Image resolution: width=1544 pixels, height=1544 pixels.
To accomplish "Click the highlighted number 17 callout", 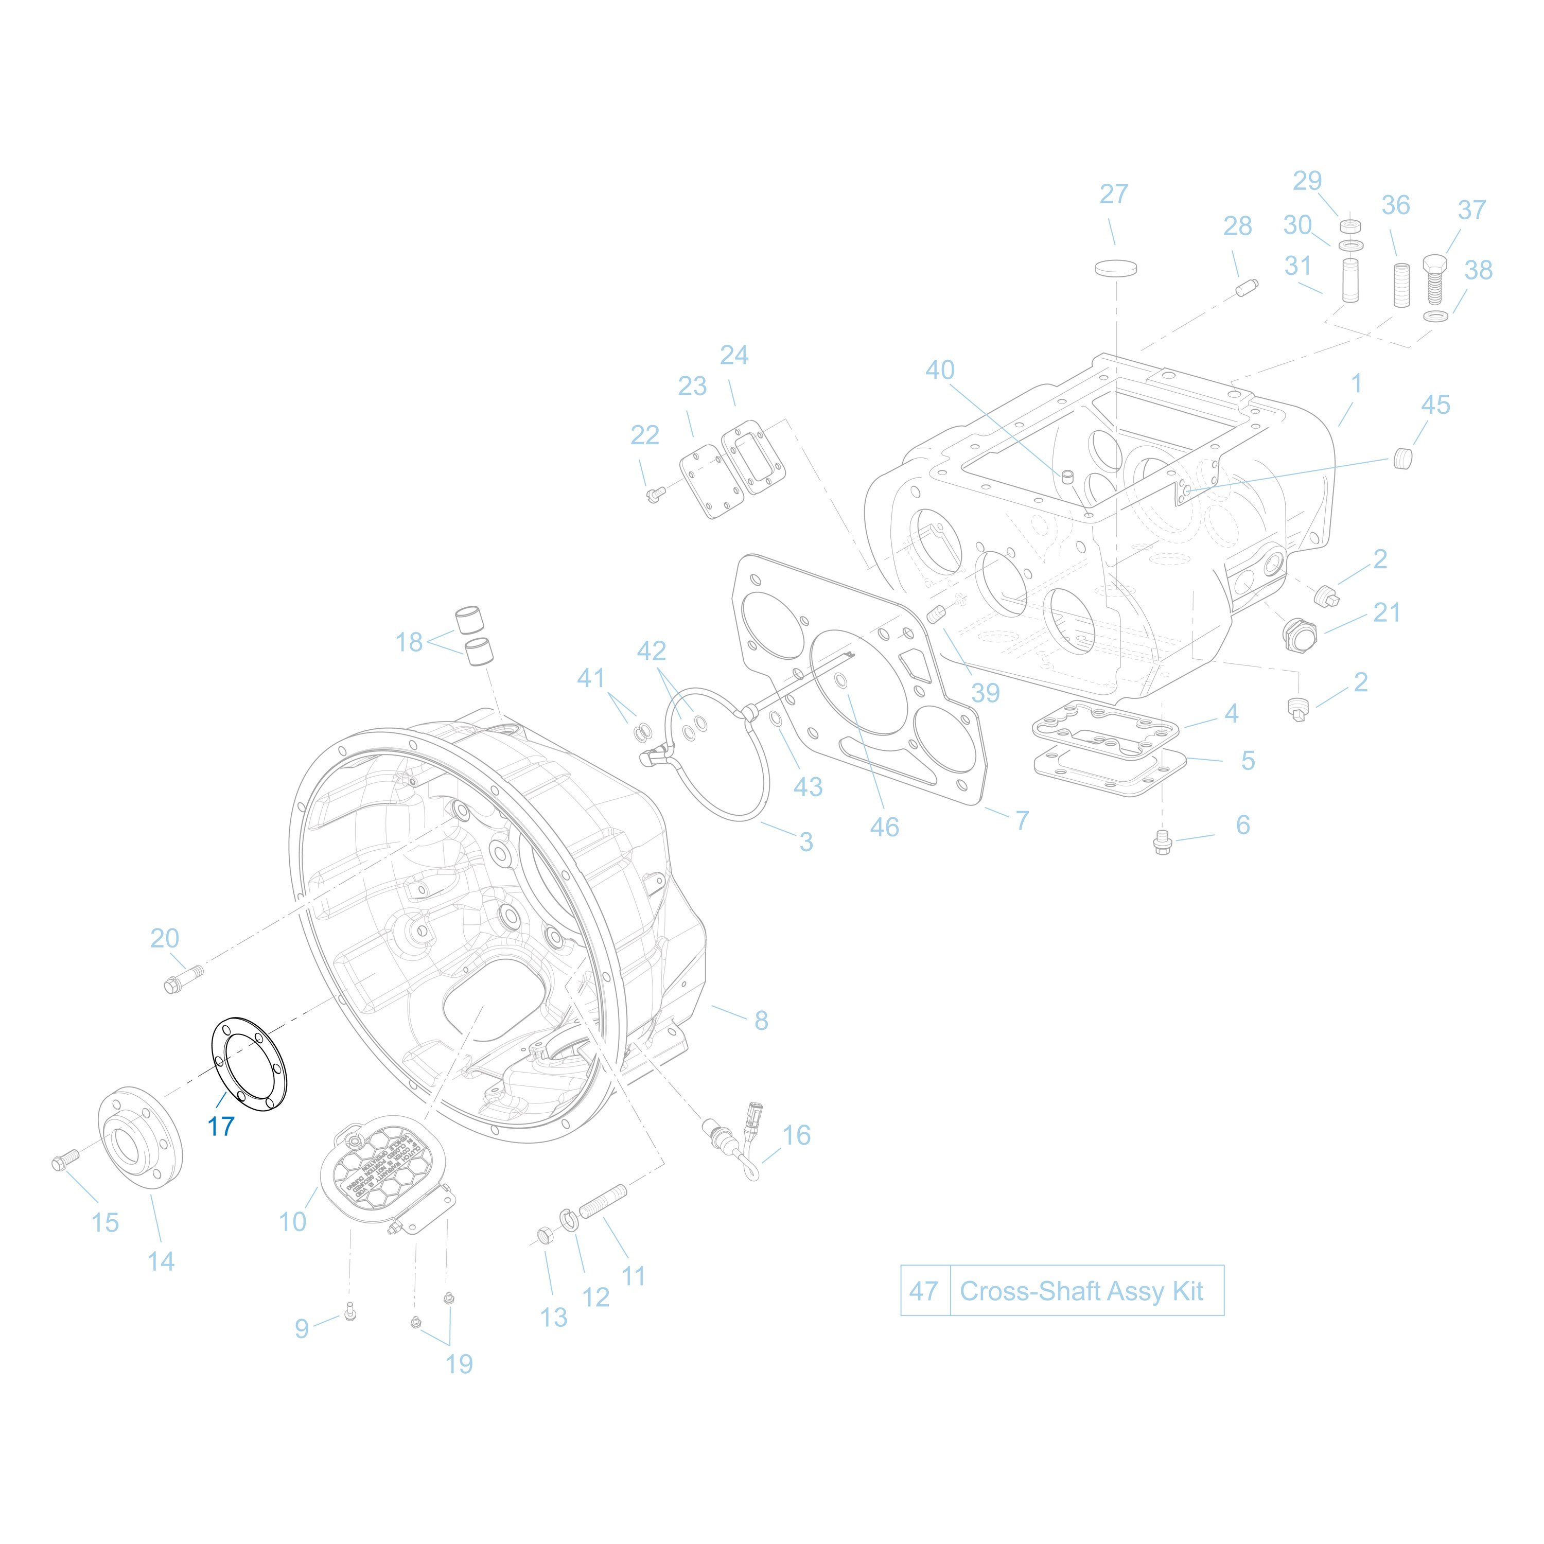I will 221,1126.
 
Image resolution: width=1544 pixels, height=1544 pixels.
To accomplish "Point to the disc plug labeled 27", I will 1116,267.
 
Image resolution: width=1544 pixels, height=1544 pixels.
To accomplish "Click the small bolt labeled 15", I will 64,1161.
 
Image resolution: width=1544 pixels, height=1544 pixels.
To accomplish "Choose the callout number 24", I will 733,355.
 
